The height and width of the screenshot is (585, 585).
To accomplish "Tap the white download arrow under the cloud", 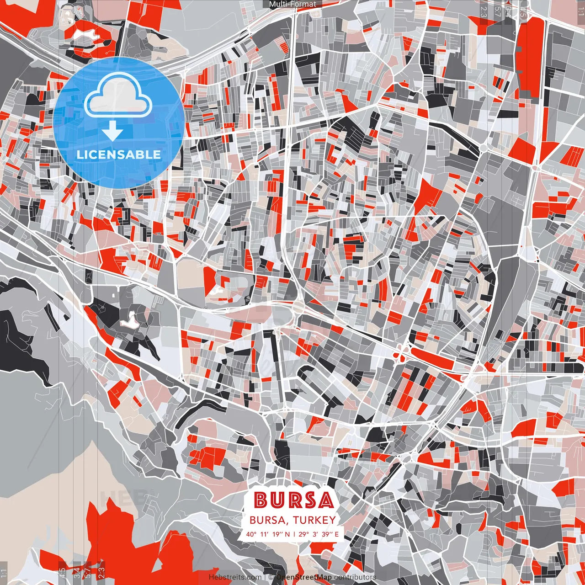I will (112, 130).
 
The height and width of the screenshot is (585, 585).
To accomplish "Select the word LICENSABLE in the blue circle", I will (118, 154).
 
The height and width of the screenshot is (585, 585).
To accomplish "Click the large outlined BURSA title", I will (293, 500).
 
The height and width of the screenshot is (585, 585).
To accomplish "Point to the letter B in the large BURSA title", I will (261, 500).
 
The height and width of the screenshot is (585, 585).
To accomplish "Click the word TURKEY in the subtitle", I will (314, 520).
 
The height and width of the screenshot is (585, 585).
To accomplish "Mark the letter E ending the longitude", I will (336, 534).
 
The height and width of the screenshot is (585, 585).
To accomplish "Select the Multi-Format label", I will (292, 4).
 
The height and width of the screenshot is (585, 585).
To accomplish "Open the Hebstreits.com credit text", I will (235, 577).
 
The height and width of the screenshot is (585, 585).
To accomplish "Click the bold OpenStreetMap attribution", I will (303, 577).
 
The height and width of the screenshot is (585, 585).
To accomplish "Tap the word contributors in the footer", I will (355, 577).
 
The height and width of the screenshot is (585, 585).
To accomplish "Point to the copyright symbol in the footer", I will (271, 577).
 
